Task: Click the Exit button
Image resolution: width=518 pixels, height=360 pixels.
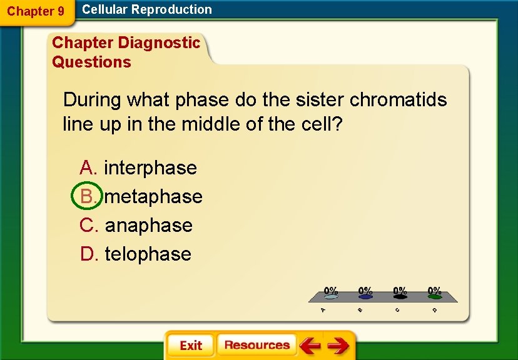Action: pyautogui.click(x=190, y=346)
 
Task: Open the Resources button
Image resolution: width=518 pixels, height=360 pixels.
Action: pyautogui.click(x=256, y=345)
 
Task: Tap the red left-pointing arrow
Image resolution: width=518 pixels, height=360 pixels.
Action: pyautogui.click(x=310, y=345)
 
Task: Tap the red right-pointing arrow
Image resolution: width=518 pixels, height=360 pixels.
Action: pyautogui.click(x=338, y=345)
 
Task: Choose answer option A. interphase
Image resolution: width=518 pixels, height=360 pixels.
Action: pyautogui.click(x=138, y=167)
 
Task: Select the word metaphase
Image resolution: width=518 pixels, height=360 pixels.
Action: pyautogui.click(x=153, y=196)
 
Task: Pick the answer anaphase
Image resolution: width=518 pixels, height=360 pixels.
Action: pyautogui.click(x=148, y=225)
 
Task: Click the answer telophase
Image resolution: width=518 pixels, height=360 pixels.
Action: pyautogui.click(x=148, y=254)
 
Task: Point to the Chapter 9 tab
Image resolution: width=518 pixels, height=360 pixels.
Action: pyautogui.click(x=36, y=11)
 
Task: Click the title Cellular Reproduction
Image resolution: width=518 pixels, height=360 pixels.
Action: pyautogui.click(x=147, y=9)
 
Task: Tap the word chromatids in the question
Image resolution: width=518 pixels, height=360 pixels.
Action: pyautogui.click(x=398, y=99)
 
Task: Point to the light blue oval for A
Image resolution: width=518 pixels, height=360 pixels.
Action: pyautogui.click(x=331, y=297)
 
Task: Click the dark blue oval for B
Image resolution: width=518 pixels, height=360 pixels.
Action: pyautogui.click(x=365, y=297)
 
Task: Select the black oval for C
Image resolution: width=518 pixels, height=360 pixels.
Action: pyautogui.click(x=400, y=297)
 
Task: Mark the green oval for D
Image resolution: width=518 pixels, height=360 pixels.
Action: pyautogui.click(x=434, y=297)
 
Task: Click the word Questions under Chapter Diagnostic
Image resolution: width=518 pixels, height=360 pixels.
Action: pyautogui.click(x=91, y=62)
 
